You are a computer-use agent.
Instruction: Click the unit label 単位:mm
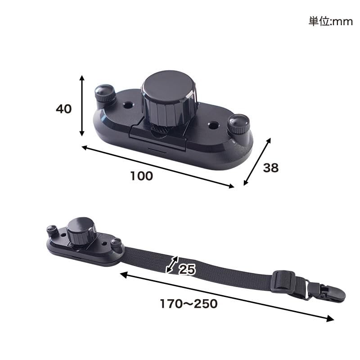(x=331, y=22)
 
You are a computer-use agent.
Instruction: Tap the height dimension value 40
(x=63, y=108)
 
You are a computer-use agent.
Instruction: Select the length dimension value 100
(x=141, y=176)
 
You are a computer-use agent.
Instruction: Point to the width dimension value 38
(x=271, y=167)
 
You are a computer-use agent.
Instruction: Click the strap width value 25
(x=187, y=269)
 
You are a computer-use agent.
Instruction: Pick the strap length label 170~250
(x=189, y=304)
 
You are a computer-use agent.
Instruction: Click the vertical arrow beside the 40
(x=82, y=105)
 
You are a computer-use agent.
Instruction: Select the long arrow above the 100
(x=158, y=167)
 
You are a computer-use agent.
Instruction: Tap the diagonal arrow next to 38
(x=257, y=162)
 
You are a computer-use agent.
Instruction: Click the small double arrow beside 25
(x=172, y=265)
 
